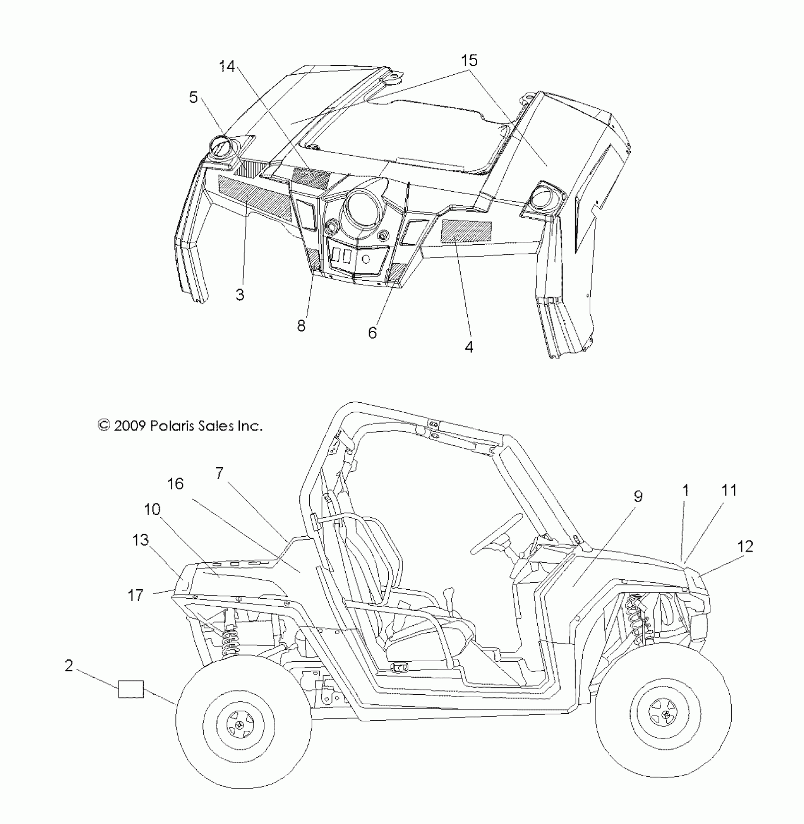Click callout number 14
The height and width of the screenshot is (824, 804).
[227, 67]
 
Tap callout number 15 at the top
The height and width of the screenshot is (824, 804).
[469, 61]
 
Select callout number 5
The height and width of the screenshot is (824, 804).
[193, 97]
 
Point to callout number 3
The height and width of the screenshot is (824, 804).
[240, 294]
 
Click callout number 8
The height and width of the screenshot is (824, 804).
[301, 326]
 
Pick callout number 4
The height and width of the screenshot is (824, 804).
[468, 347]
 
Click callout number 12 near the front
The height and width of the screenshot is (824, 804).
[745, 547]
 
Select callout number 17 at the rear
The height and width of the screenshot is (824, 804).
[136, 595]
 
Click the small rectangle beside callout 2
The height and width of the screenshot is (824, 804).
[131, 689]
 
